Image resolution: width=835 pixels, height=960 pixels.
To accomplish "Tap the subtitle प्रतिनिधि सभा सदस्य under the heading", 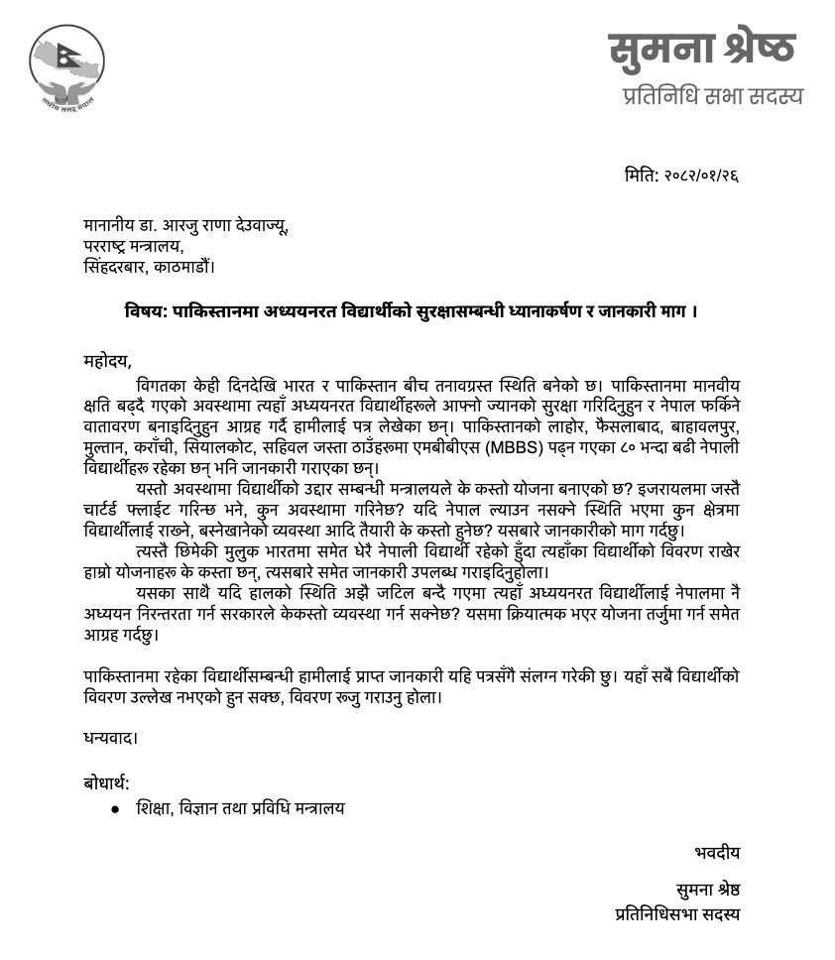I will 712,96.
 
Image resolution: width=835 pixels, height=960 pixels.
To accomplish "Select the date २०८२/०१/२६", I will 700,177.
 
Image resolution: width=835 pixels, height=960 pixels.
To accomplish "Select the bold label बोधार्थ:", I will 106,783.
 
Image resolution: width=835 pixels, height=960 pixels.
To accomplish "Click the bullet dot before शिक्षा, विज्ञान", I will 116,808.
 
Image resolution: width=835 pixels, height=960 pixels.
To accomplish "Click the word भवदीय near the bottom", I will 716,852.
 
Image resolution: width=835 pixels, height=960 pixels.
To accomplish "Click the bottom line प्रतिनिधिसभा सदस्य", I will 677,914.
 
